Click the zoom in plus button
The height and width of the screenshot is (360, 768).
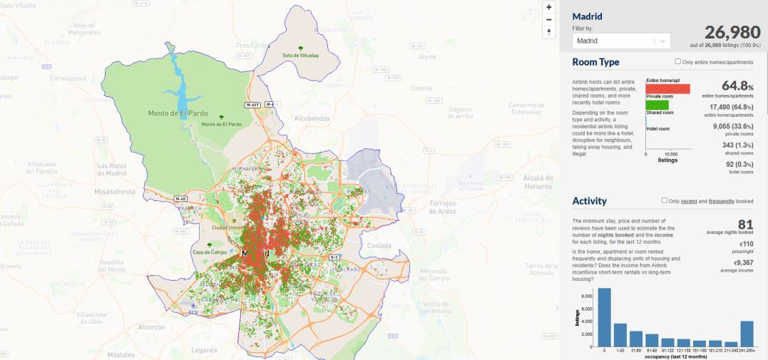[x=548, y=6]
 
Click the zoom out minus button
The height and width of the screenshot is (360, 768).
[x=548, y=19]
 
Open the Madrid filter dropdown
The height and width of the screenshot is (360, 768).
[x=620, y=41]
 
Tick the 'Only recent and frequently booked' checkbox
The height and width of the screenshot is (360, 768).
[x=665, y=201]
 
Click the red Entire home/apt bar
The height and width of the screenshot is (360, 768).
[x=667, y=89]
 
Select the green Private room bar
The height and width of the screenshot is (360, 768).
[x=657, y=105]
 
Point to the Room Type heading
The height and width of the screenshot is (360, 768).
[x=595, y=63]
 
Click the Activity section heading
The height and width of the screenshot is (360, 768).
[x=589, y=201]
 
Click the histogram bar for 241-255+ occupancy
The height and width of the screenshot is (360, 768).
[x=747, y=333]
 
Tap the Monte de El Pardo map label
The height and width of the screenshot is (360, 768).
[x=183, y=113]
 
